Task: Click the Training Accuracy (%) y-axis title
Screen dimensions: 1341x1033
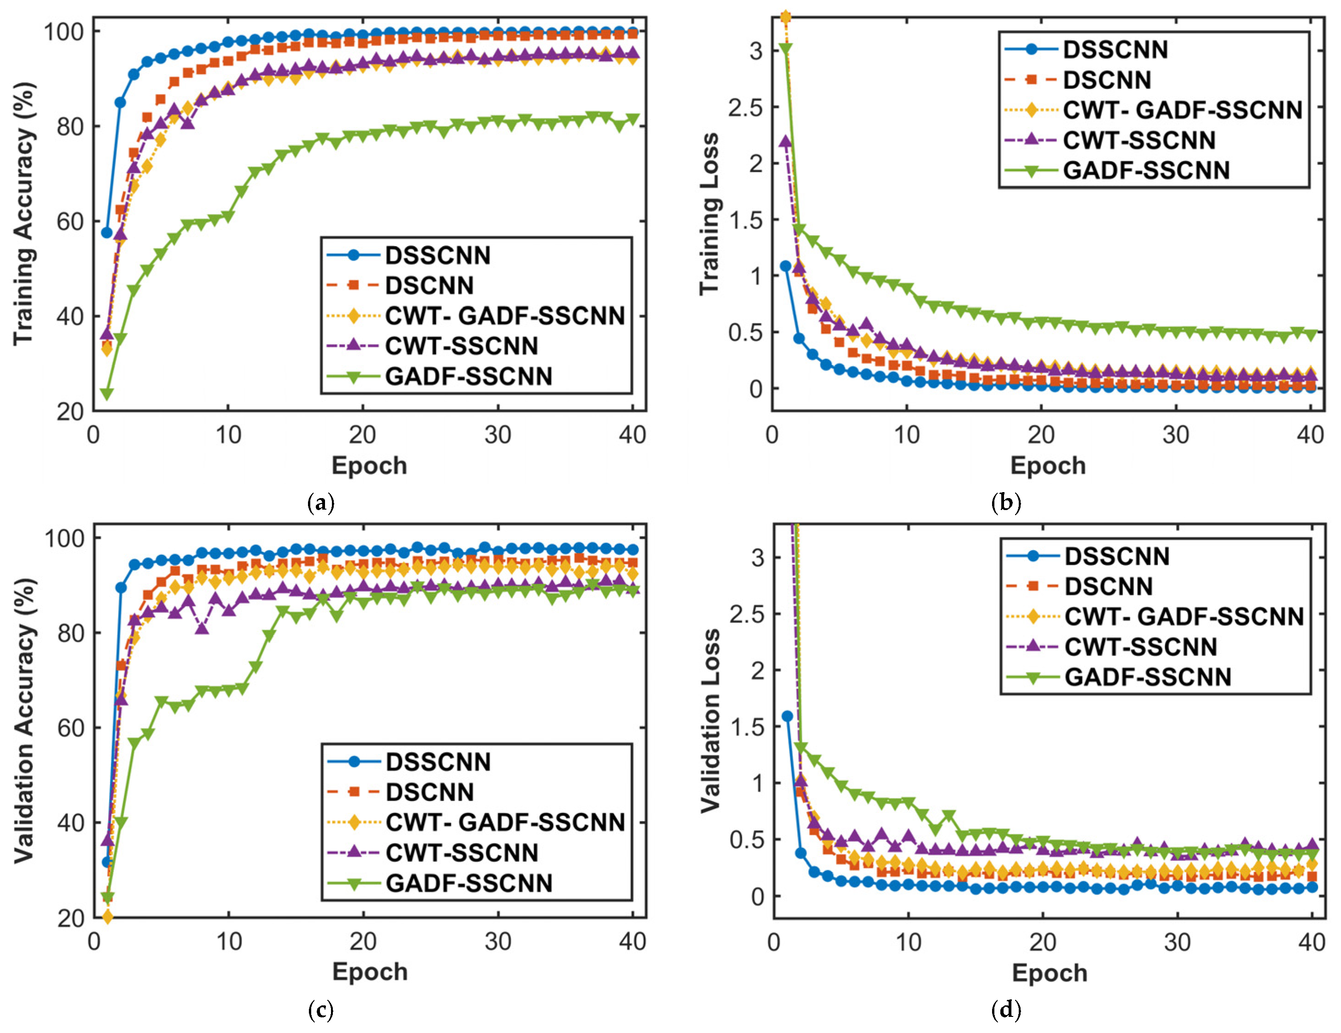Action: [24, 214]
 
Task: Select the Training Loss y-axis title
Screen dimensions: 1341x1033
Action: [709, 214]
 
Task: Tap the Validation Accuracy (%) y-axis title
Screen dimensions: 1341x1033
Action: [24, 720]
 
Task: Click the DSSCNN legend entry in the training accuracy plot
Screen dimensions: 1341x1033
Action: [438, 255]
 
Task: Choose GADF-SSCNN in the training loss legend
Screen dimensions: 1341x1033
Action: [1146, 170]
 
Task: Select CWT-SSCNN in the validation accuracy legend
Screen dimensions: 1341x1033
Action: [462, 853]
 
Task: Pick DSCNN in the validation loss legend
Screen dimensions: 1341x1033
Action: [1108, 586]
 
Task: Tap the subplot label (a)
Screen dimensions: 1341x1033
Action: [320, 503]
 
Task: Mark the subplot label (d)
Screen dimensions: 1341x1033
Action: [1006, 1010]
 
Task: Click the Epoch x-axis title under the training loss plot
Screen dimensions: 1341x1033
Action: [1048, 465]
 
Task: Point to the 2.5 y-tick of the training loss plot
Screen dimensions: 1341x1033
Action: [745, 107]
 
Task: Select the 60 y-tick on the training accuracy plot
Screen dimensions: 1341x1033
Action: [70, 222]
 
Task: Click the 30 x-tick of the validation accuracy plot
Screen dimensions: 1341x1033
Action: [497, 941]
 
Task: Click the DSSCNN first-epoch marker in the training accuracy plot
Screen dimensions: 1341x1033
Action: [107, 233]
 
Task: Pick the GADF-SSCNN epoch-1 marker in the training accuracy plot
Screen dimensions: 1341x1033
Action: [107, 394]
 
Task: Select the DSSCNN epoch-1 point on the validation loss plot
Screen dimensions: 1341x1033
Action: [787, 716]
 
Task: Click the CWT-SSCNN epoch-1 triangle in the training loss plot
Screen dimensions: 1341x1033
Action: [785, 141]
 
